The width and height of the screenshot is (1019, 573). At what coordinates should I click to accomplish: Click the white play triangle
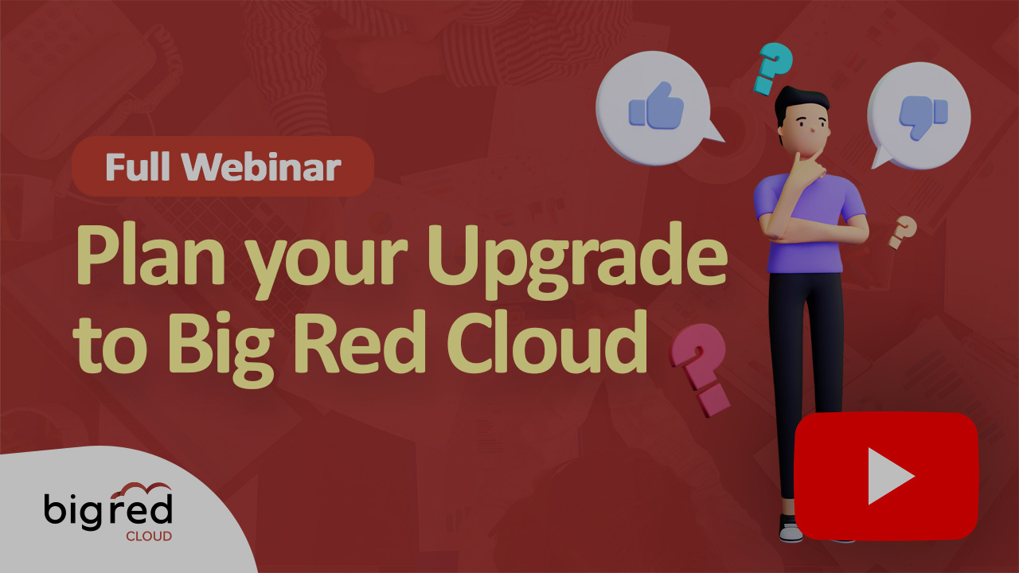click(888, 476)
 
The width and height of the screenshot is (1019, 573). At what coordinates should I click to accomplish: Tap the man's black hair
click(800, 101)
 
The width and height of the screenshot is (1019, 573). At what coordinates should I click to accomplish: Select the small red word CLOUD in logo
click(148, 536)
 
